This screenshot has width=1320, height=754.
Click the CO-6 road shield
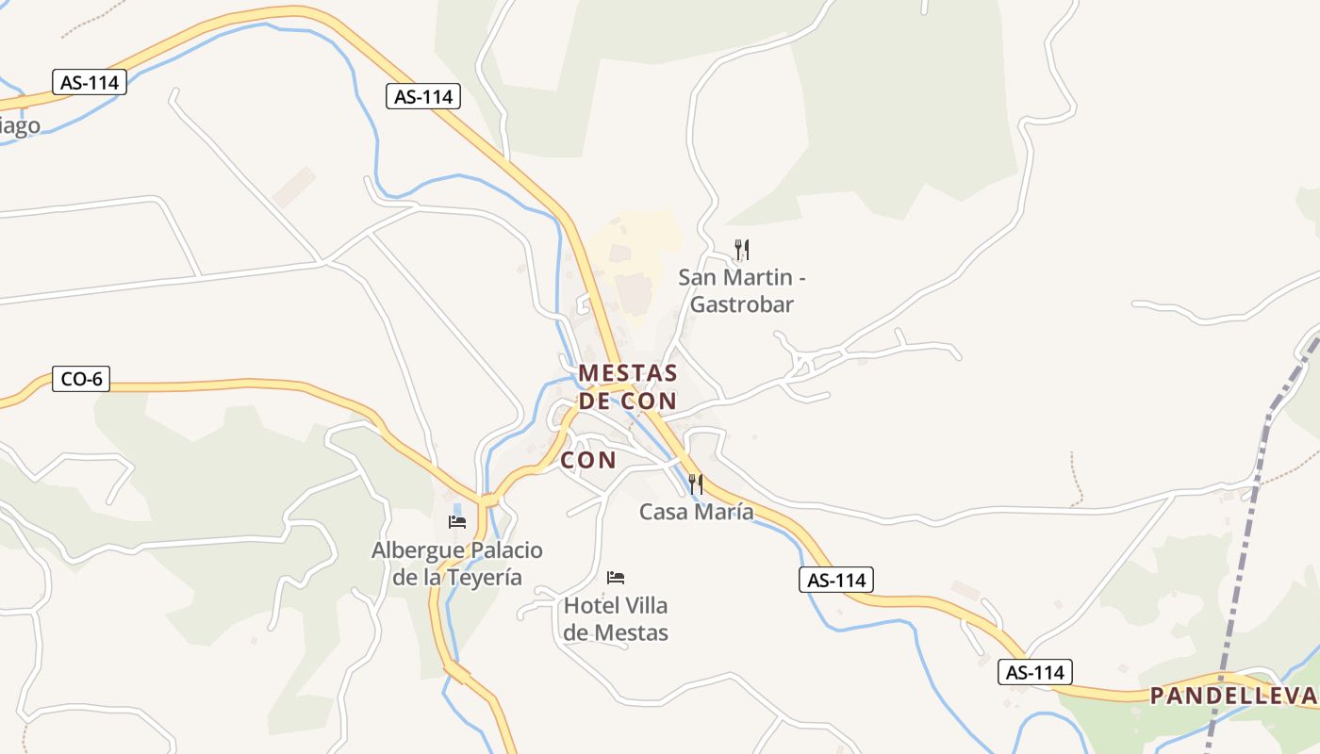click(81, 380)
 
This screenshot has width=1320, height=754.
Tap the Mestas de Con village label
click(627, 386)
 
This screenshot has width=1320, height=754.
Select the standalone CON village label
click(588, 460)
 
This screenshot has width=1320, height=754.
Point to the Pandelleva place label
click(1232, 696)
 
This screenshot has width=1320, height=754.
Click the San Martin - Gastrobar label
click(742, 290)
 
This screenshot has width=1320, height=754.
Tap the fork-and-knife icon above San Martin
click(742, 250)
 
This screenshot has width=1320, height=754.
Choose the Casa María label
click(696, 512)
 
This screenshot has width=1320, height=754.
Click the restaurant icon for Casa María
click(695, 484)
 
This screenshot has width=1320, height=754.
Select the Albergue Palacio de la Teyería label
click(457, 564)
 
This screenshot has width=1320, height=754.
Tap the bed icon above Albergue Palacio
click(457, 522)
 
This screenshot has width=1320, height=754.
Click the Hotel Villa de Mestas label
click(616, 619)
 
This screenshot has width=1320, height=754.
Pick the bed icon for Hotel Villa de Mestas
click(616, 577)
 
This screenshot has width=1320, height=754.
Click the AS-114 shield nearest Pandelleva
click(1035, 672)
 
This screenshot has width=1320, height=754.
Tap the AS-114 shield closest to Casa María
click(836, 580)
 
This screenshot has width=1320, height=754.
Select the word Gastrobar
click(742, 304)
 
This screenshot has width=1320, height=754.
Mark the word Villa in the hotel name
click(646, 605)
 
